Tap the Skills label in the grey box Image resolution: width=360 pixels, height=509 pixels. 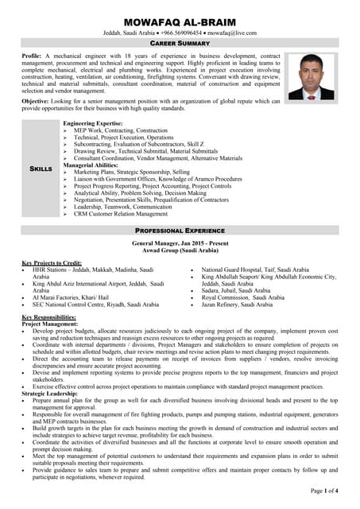(41, 169)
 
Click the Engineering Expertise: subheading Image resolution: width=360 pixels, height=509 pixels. (93, 124)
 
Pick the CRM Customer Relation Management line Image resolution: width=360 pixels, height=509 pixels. (121, 213)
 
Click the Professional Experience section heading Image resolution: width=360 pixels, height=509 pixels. (180, 230)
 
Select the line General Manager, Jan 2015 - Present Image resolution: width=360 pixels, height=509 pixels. (180, 243)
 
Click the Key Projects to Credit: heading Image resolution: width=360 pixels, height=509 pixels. (52, 263)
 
